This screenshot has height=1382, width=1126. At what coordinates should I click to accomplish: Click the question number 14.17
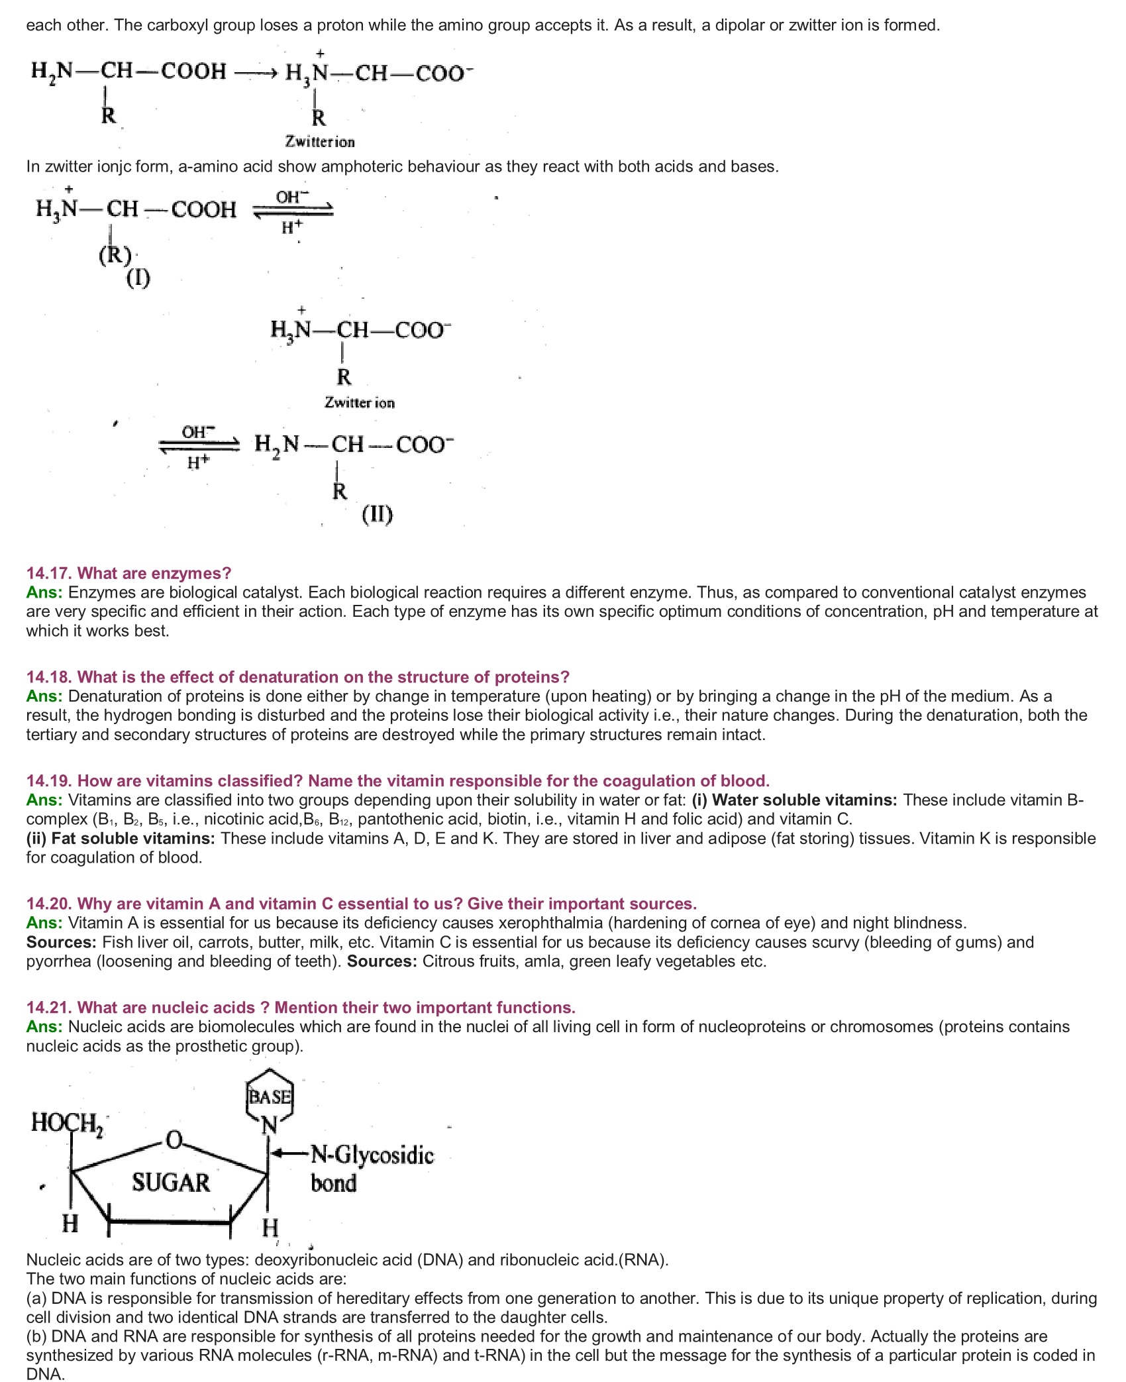click(x=50, y=573)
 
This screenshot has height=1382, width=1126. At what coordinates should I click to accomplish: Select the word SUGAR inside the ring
click(x=170, y=1183)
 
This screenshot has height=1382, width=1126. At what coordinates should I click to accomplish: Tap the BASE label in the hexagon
click(x=270, y=1096)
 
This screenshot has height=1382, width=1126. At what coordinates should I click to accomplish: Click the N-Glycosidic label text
click(x=372, y=1155)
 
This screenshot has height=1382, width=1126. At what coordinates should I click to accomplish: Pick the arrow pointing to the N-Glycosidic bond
click(x=290, y=1153)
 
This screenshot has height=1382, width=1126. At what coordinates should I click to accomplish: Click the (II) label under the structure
click(x=377, y=514)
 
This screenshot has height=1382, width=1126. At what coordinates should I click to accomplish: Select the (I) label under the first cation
click(x=138, y=278)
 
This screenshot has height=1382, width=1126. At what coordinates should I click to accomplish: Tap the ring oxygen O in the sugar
click(x=174, y=1139)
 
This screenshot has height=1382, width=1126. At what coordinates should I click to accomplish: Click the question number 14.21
click(x=50, y=1007)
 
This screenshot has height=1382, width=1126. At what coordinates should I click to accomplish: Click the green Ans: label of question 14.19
click(x=44, y=800)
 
